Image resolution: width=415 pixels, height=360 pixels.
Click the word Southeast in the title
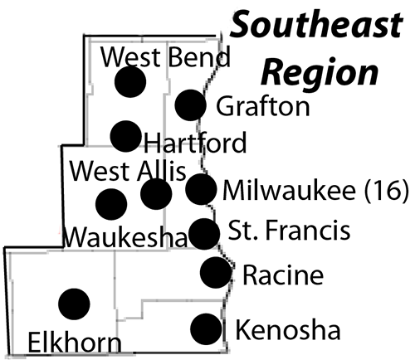[x=316, y=24]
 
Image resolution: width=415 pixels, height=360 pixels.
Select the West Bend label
[x=165, y=56]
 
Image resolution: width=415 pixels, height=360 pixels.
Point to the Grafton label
[x=263, y=106]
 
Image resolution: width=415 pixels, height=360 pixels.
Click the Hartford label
[x=195, y=142]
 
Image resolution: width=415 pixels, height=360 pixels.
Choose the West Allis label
[x=128, y=171]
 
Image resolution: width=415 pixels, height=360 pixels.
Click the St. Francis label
[x=289, y=230]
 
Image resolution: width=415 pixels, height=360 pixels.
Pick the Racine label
[x=283, y=275]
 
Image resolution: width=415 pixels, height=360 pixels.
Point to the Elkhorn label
[x=75, y=343]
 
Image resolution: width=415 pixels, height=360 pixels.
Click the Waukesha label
[x=126, y=237]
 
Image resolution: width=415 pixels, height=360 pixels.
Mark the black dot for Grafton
[x=191, y=105]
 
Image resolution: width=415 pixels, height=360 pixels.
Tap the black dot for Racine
[x=216, y=272]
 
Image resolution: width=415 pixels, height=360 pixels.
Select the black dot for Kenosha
[x=206, y=329]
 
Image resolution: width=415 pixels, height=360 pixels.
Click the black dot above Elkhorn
[x=74, y=304]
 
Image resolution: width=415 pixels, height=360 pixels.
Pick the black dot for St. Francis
[x=204, y=234]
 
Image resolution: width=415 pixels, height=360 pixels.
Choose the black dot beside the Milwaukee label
[x=201, y=189]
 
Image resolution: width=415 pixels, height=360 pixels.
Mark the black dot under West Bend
[x=130, y=82]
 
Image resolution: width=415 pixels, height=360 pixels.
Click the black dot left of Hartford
[x=125, y=136]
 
